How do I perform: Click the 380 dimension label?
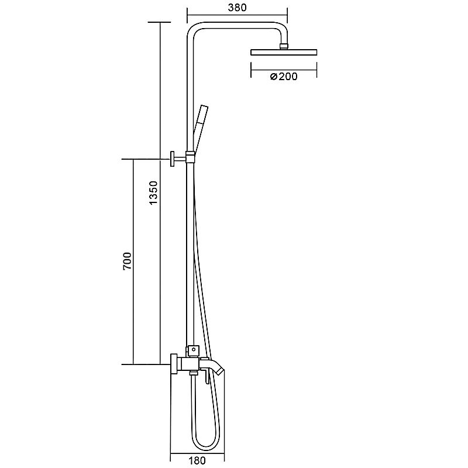point(238,8)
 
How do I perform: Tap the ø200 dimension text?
point(284,77)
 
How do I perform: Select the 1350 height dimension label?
point(153,192)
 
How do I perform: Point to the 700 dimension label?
point(127,261)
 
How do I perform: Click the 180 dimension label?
point(197,460)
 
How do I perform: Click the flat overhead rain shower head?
point(284,52)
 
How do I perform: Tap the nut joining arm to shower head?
point(284,46)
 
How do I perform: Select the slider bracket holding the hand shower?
point(190,157)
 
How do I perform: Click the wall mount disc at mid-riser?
point(172,159)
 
